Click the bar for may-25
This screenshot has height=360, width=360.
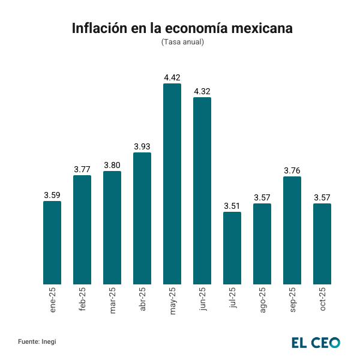(172, 184)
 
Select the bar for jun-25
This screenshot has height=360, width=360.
(202, 191)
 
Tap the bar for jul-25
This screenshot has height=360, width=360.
(232, 248)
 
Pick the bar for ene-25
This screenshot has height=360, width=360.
(52, 242)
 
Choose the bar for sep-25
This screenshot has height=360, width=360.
(292, 230)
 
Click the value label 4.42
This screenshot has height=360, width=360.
(172, 77)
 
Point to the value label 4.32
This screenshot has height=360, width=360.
(202, 91)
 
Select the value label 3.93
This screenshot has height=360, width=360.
(142, 146)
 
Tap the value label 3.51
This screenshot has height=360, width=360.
(232, 206)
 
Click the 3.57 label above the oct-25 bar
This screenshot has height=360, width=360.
(322, 197)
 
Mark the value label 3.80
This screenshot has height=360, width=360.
(112, 165)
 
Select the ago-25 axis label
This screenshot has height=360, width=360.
(262, 300)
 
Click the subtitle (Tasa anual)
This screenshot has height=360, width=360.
(182, 42)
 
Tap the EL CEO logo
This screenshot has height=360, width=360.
(316, 342)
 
